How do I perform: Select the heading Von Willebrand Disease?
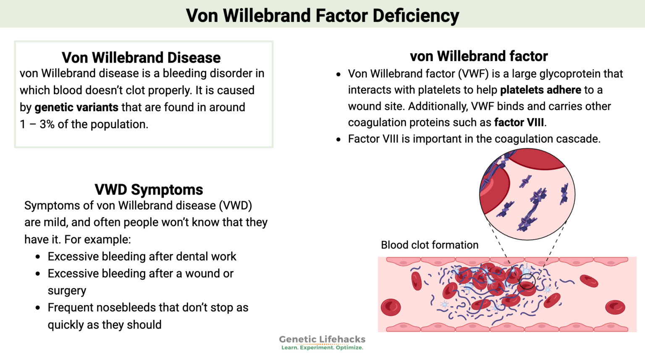(141, 57)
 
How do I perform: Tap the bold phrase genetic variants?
(76, 108)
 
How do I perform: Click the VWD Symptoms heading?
(149, 189)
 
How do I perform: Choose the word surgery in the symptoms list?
(67, 291)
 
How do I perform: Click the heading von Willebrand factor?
(479, 56)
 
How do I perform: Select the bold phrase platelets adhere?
(540, 90)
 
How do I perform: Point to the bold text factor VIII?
(519, 123)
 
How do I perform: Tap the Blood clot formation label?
(430, 245)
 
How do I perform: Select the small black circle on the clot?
(527, 281)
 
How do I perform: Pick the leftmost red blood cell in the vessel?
(391, 307)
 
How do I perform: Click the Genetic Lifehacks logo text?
(322, 339)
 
